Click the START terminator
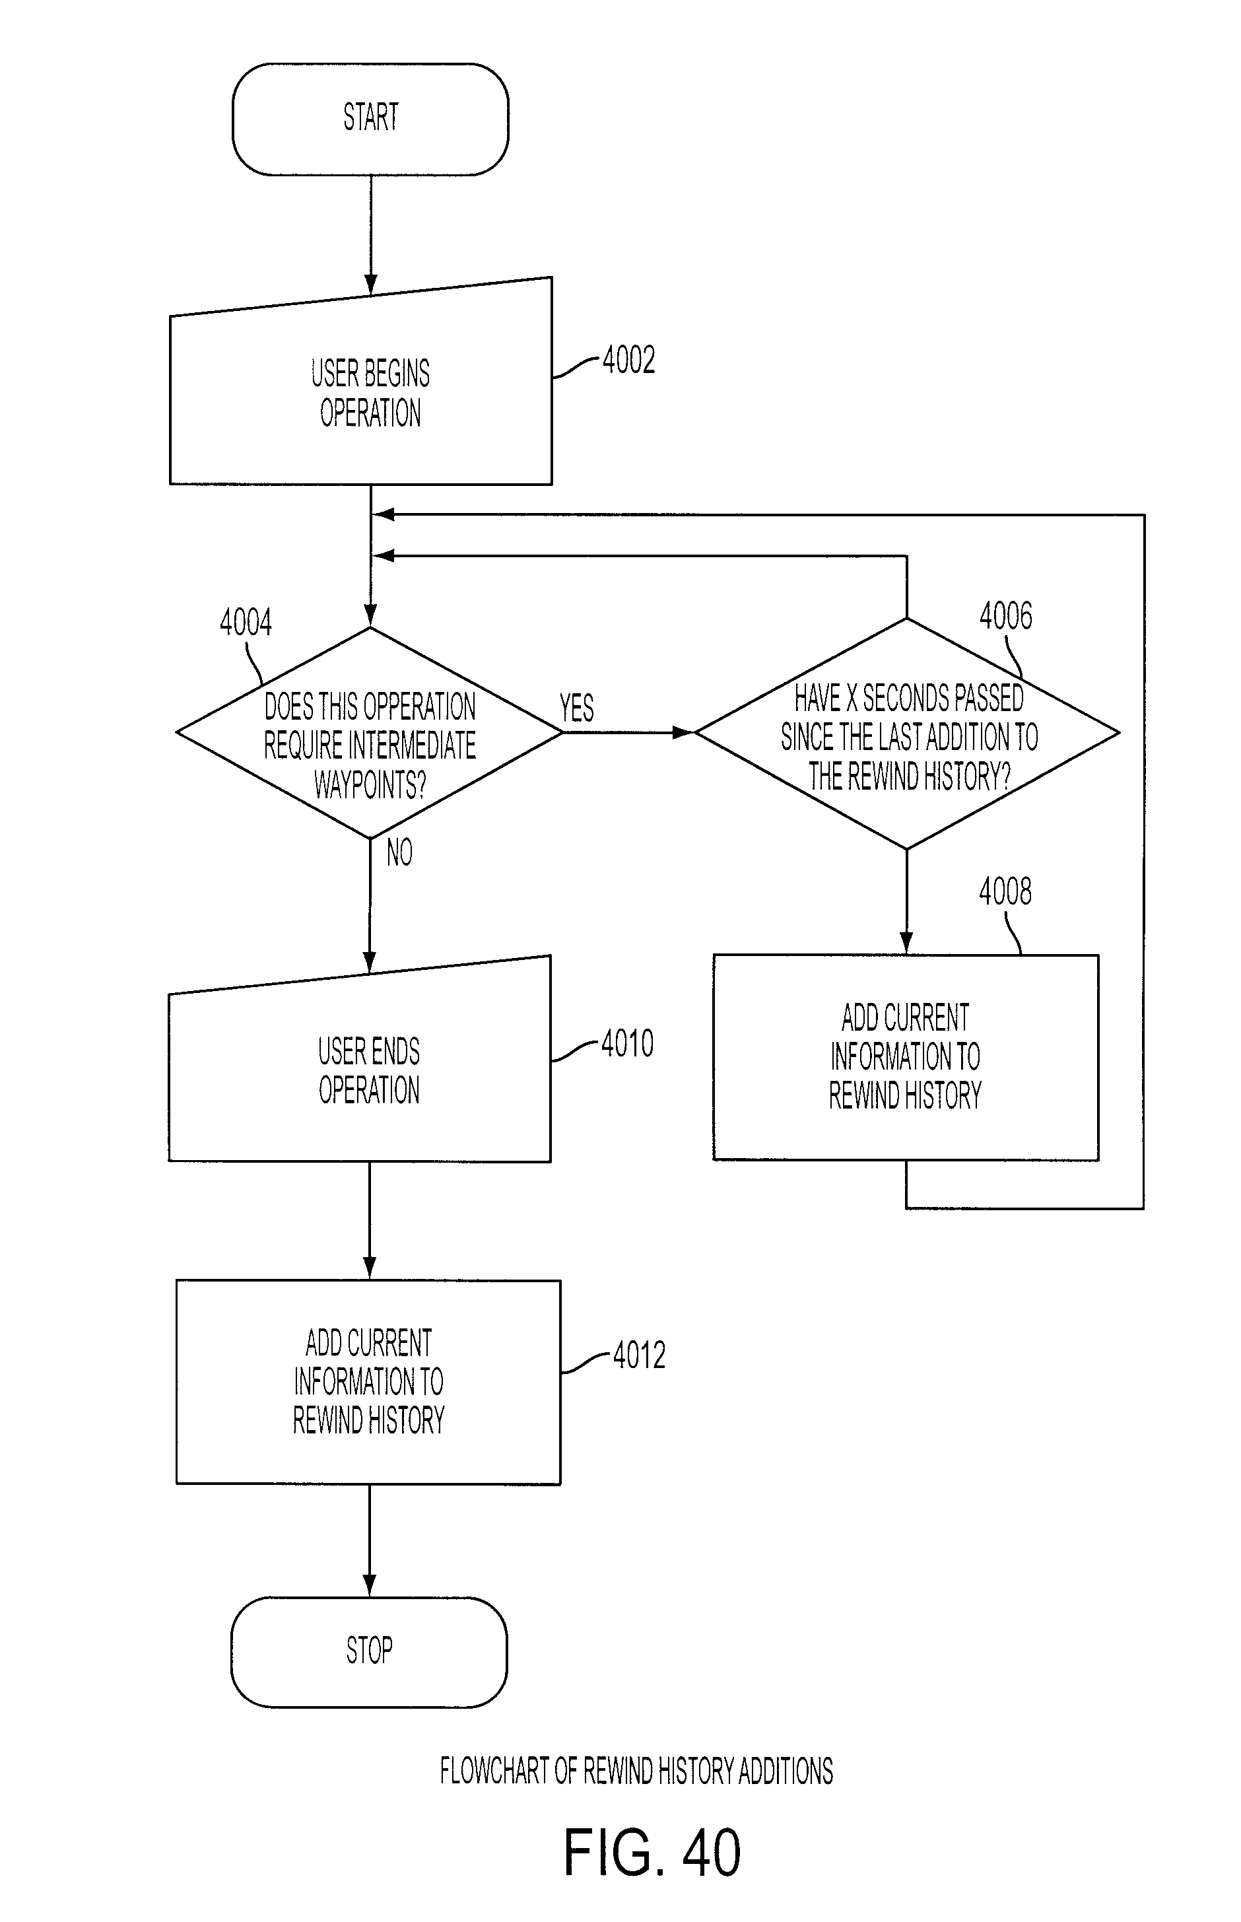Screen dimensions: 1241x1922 [371, 120]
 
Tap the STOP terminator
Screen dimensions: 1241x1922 [369, 1652]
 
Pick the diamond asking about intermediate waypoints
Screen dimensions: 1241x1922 [370, 732]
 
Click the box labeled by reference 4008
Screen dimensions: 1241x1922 [906, 1057]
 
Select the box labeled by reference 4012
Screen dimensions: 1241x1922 [368, 1382]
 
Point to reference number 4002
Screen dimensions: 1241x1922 [628, 359]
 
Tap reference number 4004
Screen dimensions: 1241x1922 [246, 622]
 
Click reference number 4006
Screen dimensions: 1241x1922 [1006, 615]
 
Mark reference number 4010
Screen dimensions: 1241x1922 [627, 1044]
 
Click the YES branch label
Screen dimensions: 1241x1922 [577, 708]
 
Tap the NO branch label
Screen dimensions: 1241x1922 [400, 852]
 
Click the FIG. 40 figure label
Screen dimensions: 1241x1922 [652, 1853]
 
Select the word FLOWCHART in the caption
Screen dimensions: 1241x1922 [495, 1771]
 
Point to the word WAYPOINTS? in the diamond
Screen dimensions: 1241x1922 [370, 784]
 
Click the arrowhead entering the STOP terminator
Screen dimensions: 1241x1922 [369, 1587]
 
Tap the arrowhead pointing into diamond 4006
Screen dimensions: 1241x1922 [683, 732]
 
